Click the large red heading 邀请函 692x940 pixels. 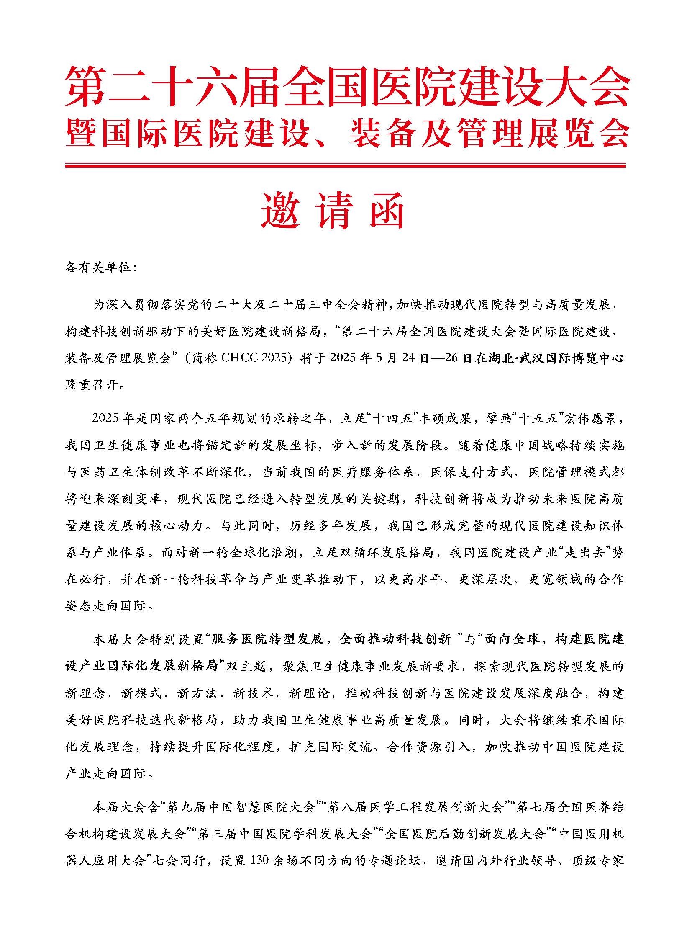click(x=333, y=211)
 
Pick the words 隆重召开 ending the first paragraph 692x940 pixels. click(x=92, y=384)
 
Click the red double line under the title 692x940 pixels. click(x=346, y=165)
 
